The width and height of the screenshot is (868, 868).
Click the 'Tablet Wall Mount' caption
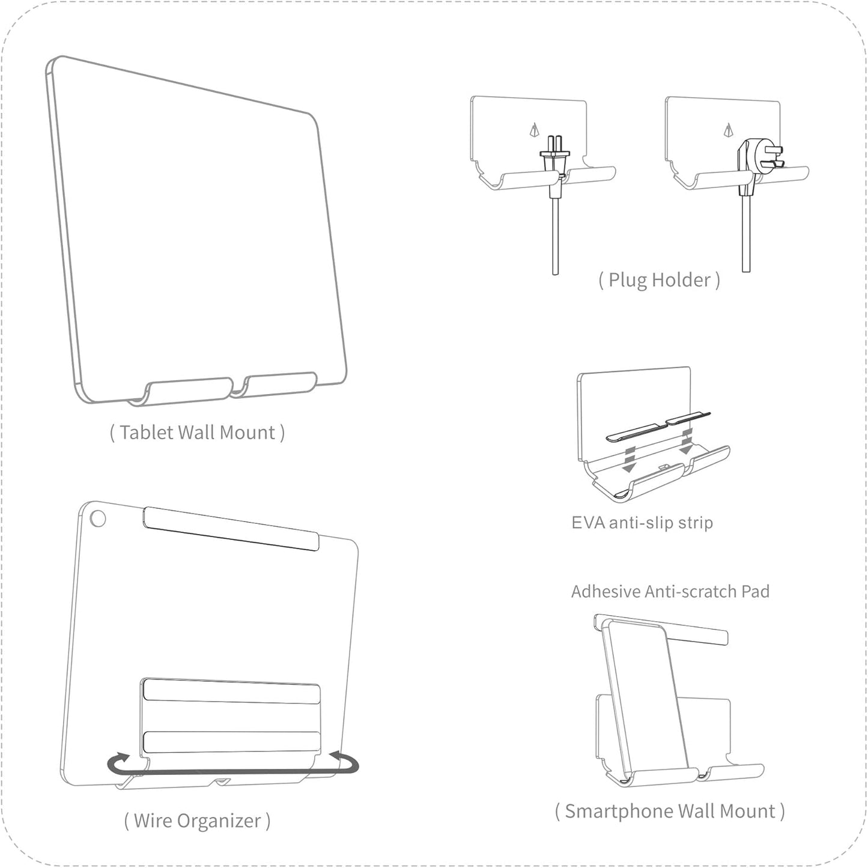coord(197,432)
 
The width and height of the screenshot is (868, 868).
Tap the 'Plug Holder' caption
coord(659,280)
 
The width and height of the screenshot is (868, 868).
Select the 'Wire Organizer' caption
coord(197,821)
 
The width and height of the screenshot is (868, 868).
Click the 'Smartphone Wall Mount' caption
coord(670,811)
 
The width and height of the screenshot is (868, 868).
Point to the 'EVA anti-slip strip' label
coord(642,523)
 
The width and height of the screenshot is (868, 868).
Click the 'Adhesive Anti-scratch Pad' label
coord(670,592)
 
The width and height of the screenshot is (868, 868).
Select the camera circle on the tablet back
coord(97,518)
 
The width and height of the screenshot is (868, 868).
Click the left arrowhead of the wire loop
coord(121,757)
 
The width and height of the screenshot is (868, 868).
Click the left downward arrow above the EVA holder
coord(629,459)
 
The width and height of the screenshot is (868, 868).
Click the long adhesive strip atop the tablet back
coord(231,529)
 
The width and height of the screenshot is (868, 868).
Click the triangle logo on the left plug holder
coord(534,130)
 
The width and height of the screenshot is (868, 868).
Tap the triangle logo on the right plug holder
coord(729,130)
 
